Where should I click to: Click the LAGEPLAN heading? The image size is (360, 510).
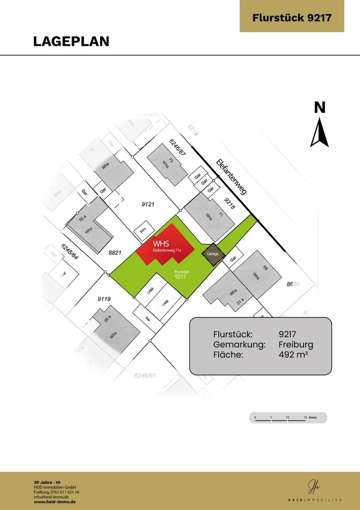coord(71,41)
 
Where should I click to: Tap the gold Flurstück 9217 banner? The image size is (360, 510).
coord(292,18)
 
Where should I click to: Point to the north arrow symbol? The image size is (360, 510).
coord(319,133)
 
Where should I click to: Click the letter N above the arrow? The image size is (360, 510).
coord(320,108)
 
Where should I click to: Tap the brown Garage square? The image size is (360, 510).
coord(212,254)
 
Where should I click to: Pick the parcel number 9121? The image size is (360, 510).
coord(148,204)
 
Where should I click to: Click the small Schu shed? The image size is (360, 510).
coord(141,231)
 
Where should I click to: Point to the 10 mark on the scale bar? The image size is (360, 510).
coord(287,418)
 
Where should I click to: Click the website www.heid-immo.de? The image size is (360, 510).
coord(54,501)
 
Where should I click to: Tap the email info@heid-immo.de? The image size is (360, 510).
coord(52,497)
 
